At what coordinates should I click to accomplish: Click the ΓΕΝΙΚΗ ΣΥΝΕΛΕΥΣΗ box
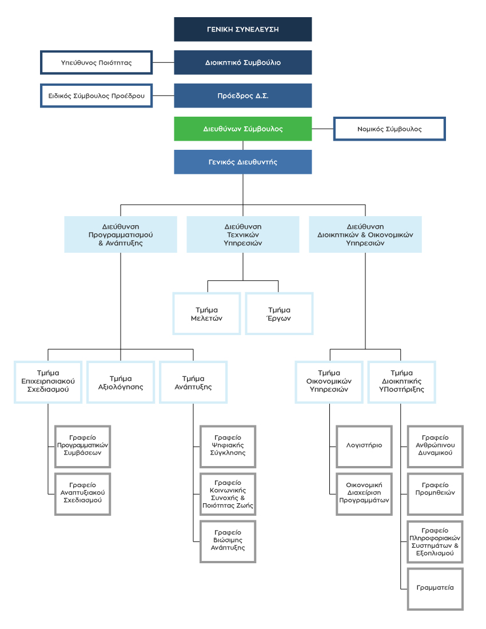242,29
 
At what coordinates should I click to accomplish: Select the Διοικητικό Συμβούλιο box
242,62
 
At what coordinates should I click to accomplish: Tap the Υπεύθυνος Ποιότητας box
96,62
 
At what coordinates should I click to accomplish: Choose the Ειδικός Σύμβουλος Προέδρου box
96,96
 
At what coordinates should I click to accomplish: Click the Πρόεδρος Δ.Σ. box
242,96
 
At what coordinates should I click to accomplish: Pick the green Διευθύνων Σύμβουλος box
242,129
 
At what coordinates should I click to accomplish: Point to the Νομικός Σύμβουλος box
389,129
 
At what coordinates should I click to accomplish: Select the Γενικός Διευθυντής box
242,162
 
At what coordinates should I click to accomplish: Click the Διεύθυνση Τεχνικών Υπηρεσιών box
242,234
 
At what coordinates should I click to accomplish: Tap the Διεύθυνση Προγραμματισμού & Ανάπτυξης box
120,234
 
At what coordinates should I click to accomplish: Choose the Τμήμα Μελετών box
206,314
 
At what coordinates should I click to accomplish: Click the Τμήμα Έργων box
279,314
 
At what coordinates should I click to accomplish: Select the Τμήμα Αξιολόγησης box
120,383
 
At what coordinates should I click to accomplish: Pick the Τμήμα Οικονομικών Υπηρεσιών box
329,383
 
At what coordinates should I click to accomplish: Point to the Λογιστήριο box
364,447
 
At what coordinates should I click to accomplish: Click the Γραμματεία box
435,589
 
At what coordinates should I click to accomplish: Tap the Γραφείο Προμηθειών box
435,494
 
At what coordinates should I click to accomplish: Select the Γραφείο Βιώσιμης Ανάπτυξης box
228,542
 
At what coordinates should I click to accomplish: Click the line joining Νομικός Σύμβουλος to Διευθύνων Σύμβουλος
322,129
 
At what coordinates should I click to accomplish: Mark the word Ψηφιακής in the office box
228,445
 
